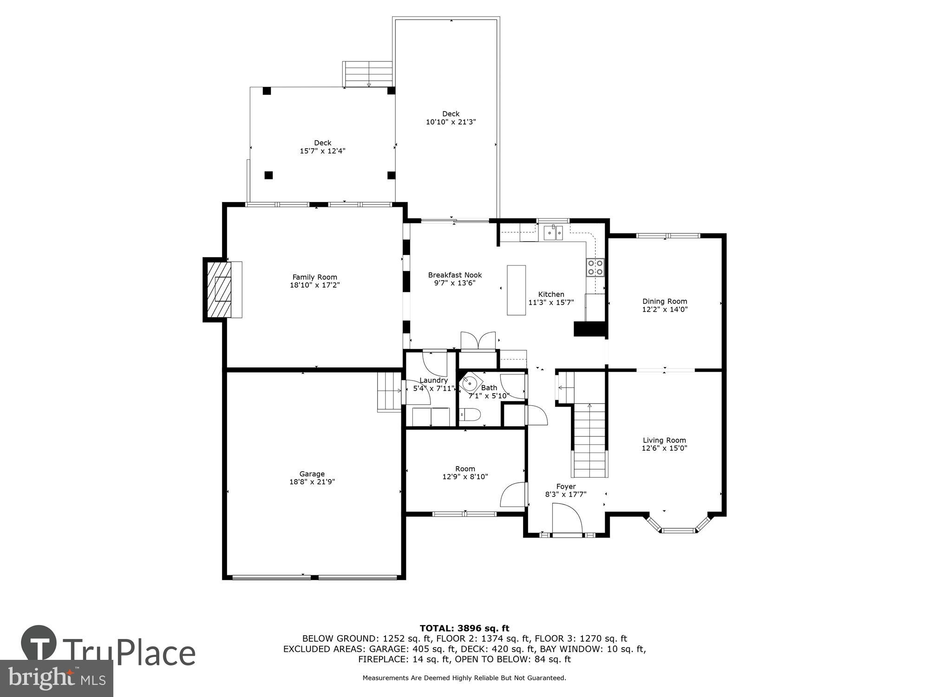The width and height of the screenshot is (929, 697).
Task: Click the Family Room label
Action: [314, 277]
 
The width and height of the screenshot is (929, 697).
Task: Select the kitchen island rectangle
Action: [516, 290]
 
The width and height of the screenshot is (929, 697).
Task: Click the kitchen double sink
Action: [553, 232]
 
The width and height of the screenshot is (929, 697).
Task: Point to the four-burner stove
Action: [595, 267]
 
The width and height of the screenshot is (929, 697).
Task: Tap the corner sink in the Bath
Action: [469, 383]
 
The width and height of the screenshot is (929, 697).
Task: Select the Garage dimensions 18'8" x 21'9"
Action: [312, 482]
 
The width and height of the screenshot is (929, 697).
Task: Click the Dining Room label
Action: [664, 301]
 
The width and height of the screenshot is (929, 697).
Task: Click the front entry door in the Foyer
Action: [567, 520]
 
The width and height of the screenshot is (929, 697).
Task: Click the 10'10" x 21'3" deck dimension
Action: [451, 122]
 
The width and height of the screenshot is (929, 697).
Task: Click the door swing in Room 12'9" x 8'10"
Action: [513, 495]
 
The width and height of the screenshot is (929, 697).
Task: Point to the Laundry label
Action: [433, 381]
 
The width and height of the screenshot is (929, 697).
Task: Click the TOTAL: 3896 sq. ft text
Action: [464, 628]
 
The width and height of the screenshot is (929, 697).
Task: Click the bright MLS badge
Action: [56, 678]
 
